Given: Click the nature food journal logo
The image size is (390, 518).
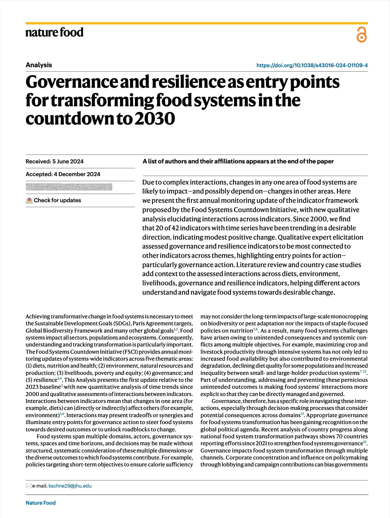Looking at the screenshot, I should point(54,32).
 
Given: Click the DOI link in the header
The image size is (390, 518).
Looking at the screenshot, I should point(312,65).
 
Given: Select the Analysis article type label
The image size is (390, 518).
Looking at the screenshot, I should point(39,65).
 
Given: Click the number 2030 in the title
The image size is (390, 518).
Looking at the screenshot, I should point(155,118).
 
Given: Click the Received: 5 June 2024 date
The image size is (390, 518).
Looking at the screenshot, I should point(54,161).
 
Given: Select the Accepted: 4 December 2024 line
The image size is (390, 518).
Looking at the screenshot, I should point(63,174).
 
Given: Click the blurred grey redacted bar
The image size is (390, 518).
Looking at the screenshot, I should point(69,187).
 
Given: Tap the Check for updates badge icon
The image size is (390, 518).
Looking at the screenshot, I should point(29,200).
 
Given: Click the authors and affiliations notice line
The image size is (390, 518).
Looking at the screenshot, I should point(238,161).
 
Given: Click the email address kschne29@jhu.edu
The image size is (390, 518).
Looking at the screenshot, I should point(70,486).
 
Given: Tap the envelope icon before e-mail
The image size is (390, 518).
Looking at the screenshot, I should point(28,486).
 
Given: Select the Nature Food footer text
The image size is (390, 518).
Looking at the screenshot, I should point(41,503).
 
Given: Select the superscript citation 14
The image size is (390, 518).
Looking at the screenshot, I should point(365,442).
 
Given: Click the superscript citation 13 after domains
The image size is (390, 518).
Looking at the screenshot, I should point(302,414).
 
